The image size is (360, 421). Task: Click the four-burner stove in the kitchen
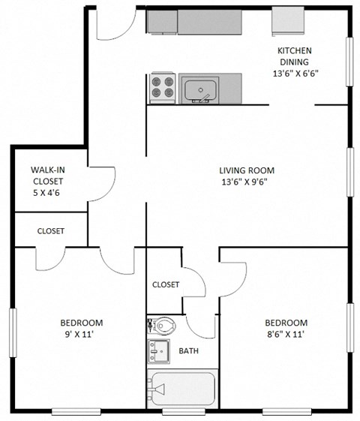[x=163, y=87]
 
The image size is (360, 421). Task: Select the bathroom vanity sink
[x=157, y=350]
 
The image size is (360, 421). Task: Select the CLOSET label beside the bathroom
[x=166, y=284]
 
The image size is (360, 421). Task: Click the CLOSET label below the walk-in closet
[x=51, y=231]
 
